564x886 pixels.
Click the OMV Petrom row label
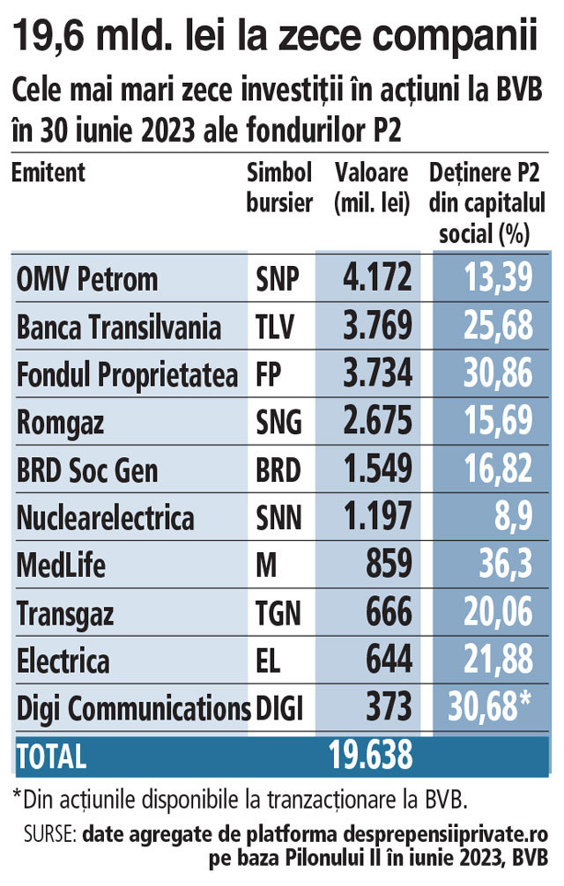87,279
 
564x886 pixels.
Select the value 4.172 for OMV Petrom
375,279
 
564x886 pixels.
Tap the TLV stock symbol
276,328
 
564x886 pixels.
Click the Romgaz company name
60,423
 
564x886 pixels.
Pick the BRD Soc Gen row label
87,470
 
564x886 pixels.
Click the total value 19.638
370,755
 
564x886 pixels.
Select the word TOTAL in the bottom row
51,756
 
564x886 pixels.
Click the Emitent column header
48,172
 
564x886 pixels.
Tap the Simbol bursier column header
280,187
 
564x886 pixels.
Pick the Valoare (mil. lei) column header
373,187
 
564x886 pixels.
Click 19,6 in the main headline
44,36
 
